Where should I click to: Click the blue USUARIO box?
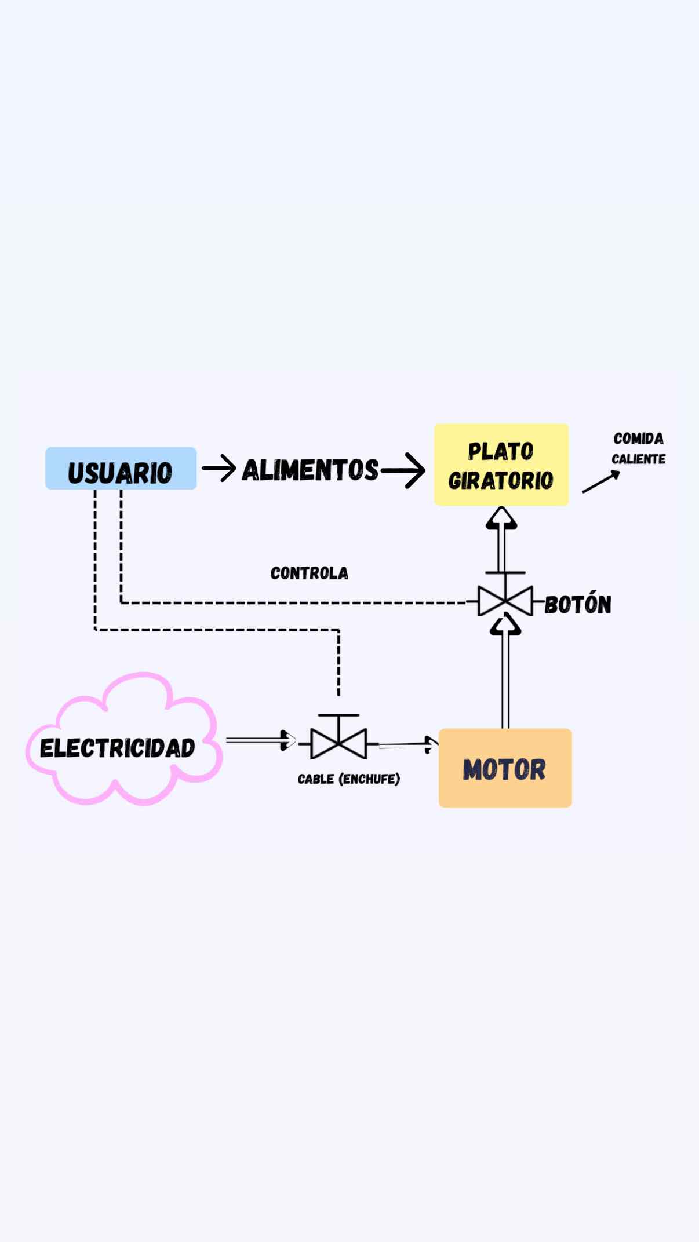(121, 468)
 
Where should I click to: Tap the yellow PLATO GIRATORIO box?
(501, 465)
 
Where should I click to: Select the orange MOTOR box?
(505, 768)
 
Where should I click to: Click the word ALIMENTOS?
(310, 470)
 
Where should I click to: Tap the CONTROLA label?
(309, 573)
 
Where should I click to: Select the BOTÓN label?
(578, 604)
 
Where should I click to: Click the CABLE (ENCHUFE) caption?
(348, 779)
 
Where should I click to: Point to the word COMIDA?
(638, 439)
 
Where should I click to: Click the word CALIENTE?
(638, 459)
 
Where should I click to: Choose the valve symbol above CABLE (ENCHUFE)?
(338, 741)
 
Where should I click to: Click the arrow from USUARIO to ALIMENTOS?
(219, 468)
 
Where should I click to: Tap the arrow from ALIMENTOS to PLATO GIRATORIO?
(403, 470)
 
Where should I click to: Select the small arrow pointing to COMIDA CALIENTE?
(601, 482)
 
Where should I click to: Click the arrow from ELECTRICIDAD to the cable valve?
(261, 740)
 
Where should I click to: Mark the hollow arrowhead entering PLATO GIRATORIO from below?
(501, 518)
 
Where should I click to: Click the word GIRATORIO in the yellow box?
(501, 481)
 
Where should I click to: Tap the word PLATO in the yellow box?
(501, 451)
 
